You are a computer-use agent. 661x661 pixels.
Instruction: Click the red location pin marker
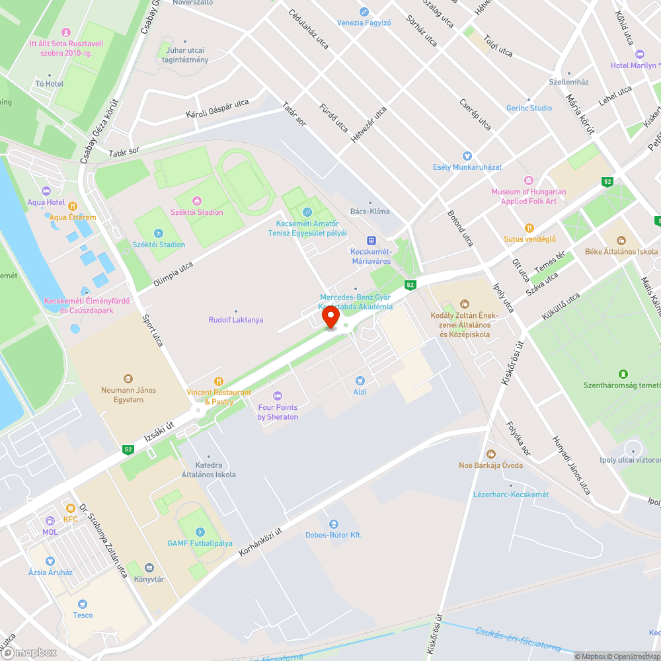[330, 317]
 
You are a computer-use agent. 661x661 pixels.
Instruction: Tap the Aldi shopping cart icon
[360, 381]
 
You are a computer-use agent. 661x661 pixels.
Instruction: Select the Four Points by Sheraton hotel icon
[278, 396]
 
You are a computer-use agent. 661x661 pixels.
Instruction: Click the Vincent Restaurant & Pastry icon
[218, 381]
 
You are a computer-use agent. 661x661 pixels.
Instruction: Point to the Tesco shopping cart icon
[83, 603]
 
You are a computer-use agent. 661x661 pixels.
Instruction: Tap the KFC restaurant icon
[70, 508]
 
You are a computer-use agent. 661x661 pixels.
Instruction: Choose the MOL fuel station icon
[50, 521]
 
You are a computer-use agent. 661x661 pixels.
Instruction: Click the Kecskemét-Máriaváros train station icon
[371, 240]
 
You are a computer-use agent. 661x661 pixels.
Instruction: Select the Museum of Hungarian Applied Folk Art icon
[528, 180]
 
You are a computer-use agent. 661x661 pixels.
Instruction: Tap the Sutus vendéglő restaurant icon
[529, 227]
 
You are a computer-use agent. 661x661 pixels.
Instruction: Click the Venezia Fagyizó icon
[364, 12]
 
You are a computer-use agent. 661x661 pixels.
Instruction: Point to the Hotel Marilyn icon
[639, 54]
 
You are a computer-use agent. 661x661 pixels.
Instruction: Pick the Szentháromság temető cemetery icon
[623, 374]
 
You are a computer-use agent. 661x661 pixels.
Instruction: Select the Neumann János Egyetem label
[129, 395]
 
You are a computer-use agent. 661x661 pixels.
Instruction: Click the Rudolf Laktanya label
[236, 320]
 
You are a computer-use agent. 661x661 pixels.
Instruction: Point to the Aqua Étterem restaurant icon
[73, 206]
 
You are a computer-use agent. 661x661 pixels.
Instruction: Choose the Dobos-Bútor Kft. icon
[333, 524]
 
